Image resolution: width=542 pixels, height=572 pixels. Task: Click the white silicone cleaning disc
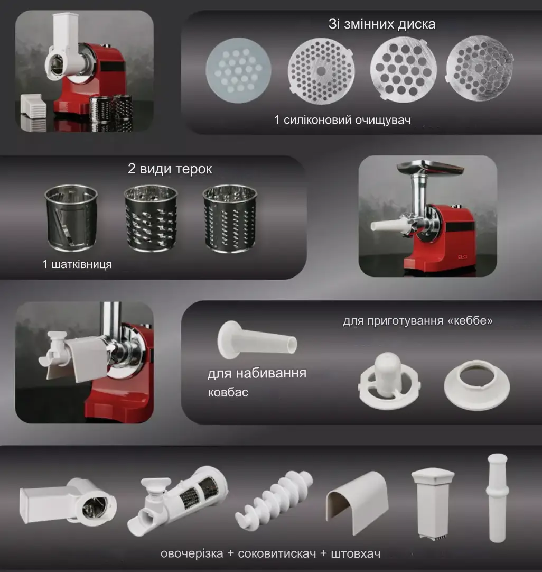[238, 70]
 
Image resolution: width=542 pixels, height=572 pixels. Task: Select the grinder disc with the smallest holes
[321, 71]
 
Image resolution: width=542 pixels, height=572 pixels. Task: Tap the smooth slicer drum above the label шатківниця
[71, 218]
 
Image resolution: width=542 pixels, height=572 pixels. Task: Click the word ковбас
[228, 392]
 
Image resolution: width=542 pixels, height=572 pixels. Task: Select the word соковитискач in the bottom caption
[277, 553]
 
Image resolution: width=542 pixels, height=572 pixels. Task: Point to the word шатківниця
[82, 264]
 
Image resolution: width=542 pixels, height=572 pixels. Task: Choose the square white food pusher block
[433, 504]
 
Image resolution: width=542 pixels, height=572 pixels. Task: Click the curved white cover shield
[357, 502]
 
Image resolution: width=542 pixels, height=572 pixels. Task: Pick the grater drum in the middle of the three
[151, 218]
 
